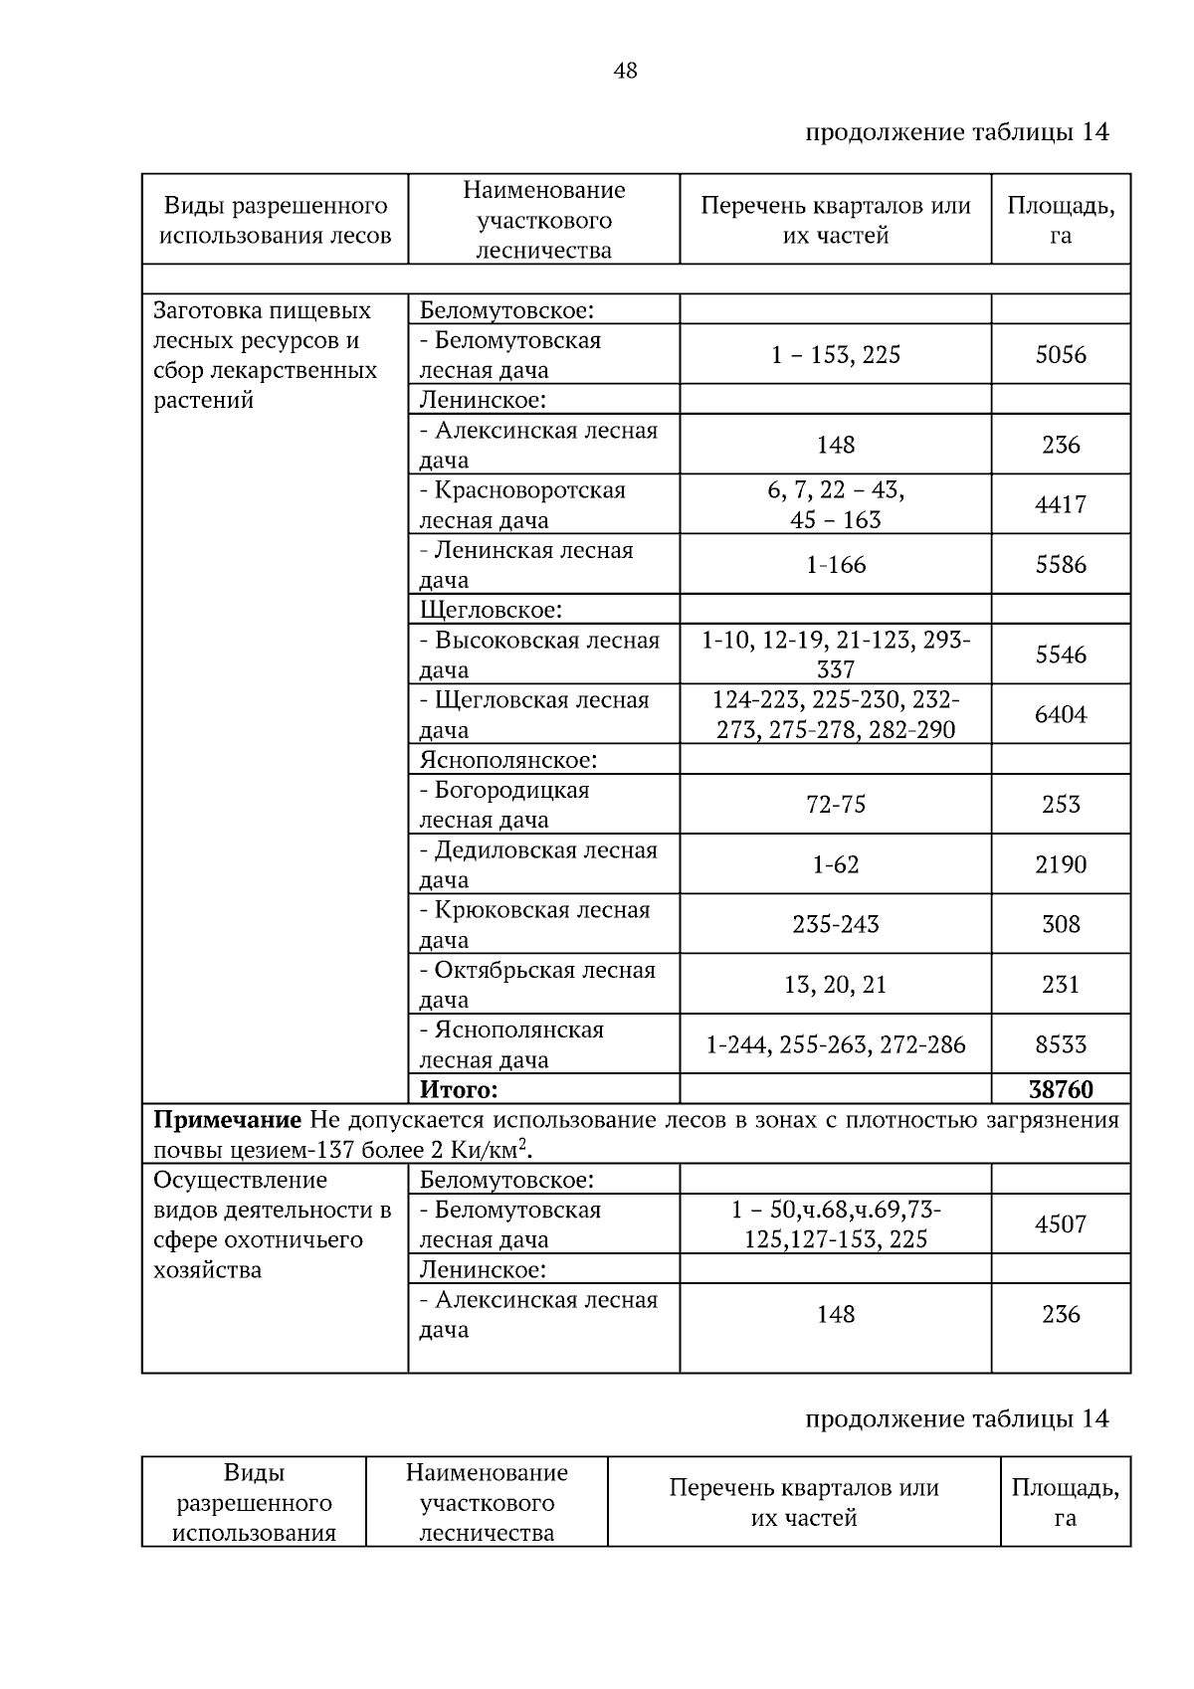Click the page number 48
626,71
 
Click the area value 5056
1061,355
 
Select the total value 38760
1061,1089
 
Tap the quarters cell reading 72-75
836,805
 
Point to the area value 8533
1061,1044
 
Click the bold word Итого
458,1089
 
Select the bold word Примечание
227,1120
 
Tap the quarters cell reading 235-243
836,924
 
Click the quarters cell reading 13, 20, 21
836,985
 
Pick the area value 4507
1061,1224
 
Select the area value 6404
1061,714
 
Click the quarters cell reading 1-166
836,565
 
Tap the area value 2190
1061,864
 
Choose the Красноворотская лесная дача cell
522,504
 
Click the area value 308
1061,924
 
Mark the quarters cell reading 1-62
836,864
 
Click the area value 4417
1061,504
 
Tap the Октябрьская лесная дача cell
537,984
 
